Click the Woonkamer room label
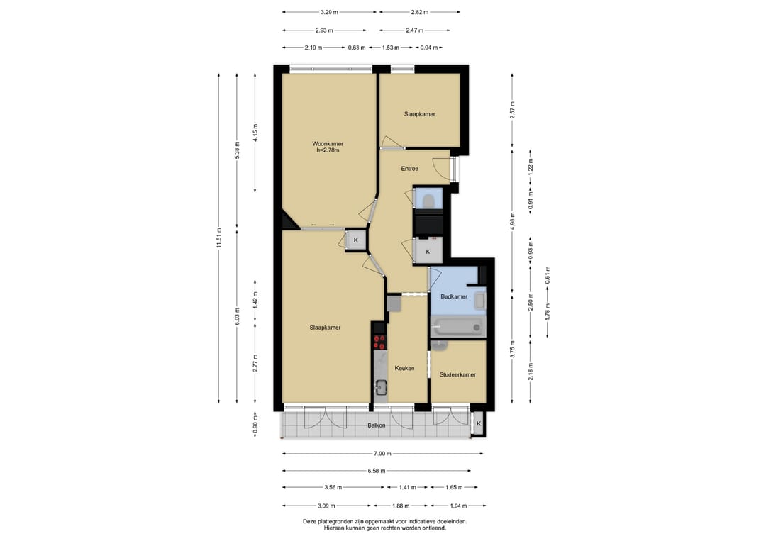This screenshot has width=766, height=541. click(x=328, y=143)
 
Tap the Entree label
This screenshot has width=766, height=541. click(x=409, y=169)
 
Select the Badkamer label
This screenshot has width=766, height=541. click(x=454, y=296)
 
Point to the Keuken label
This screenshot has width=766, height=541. click(x=404, y=368)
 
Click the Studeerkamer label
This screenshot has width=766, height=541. click(x=457, y=374)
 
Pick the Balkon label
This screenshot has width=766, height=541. click(x=376, y=425)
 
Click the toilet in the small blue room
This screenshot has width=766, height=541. click(x=429, y=201)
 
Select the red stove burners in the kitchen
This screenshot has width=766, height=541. click(x=379, y=341)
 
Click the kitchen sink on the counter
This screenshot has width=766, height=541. click(x=381, y=389)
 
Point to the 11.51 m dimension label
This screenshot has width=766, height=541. click(x=219, y=238)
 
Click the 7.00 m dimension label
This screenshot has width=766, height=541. click(x=382, y=454)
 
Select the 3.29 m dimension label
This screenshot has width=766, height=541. click(x=329, y=12)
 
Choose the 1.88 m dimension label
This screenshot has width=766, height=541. click(x=401, y=506)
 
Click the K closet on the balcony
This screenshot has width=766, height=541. click(x=479, y=424)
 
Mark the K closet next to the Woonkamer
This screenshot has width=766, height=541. click(x=355, y=240)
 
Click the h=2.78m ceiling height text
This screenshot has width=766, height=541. click(x=328, y=150)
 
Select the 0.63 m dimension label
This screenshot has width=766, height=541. click(x=357, y=48)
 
